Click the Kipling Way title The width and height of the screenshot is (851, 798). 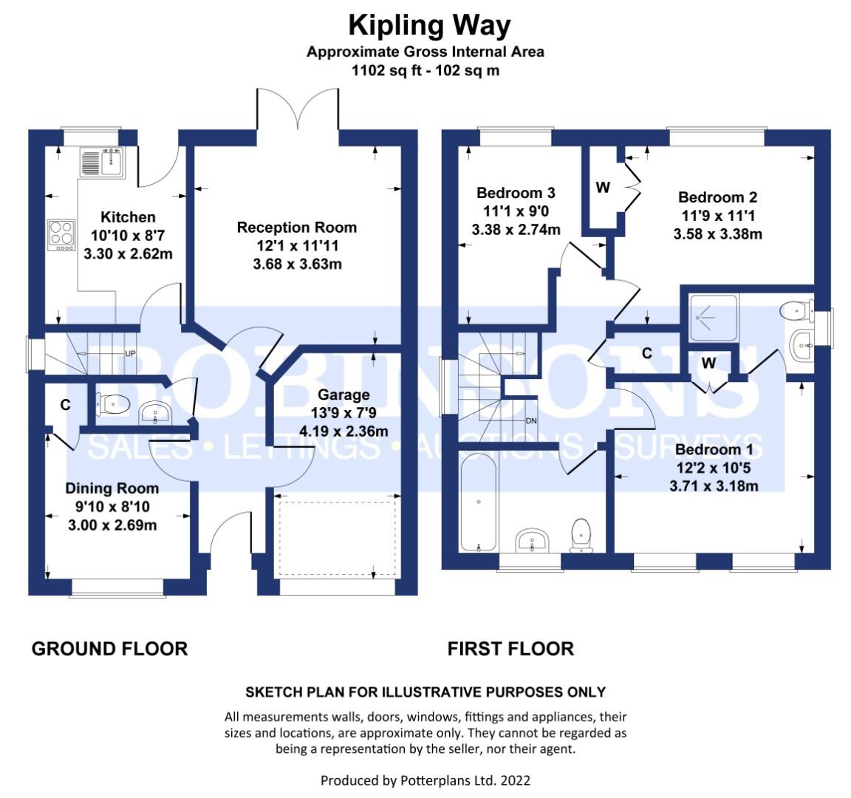click(429, 26)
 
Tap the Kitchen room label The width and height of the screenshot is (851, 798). click(128, 217)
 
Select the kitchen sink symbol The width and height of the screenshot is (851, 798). click(103, 163)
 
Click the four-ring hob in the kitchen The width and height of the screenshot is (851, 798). click(62, 235)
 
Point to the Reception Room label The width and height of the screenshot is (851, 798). click(297, 228)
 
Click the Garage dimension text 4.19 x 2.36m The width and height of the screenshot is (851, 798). click(344, 432)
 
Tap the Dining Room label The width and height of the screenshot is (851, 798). click(112, 488)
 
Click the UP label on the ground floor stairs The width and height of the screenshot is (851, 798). click(130, 354)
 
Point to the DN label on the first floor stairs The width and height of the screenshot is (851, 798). click(531, 420)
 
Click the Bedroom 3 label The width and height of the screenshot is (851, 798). click(516, 194)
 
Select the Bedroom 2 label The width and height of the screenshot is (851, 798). click(717, 197)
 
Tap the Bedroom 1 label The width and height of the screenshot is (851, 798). click(714, 449)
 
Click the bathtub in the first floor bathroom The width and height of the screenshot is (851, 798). click(478, 502)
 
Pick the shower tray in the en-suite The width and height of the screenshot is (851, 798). click(713, 318)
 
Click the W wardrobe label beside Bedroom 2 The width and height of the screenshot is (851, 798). click(603, 187)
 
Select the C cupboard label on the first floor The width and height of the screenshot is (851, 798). click(647, 353)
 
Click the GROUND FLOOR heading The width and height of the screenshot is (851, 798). click(109, 649)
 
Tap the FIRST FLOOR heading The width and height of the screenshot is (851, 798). click(510, 649)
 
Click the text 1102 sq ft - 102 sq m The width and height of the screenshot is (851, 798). click(425, 71)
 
